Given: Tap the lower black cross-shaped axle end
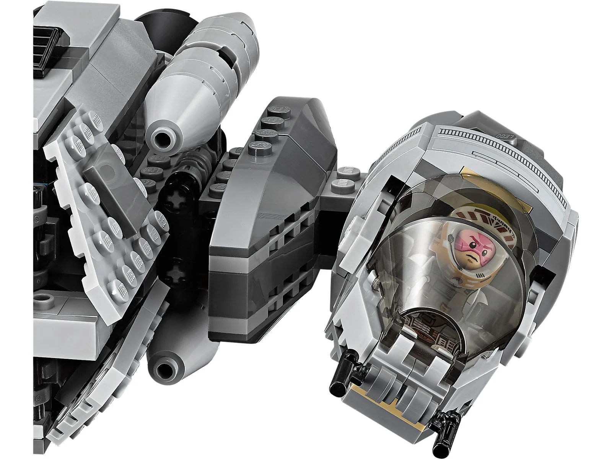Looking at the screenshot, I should [177, 273].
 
